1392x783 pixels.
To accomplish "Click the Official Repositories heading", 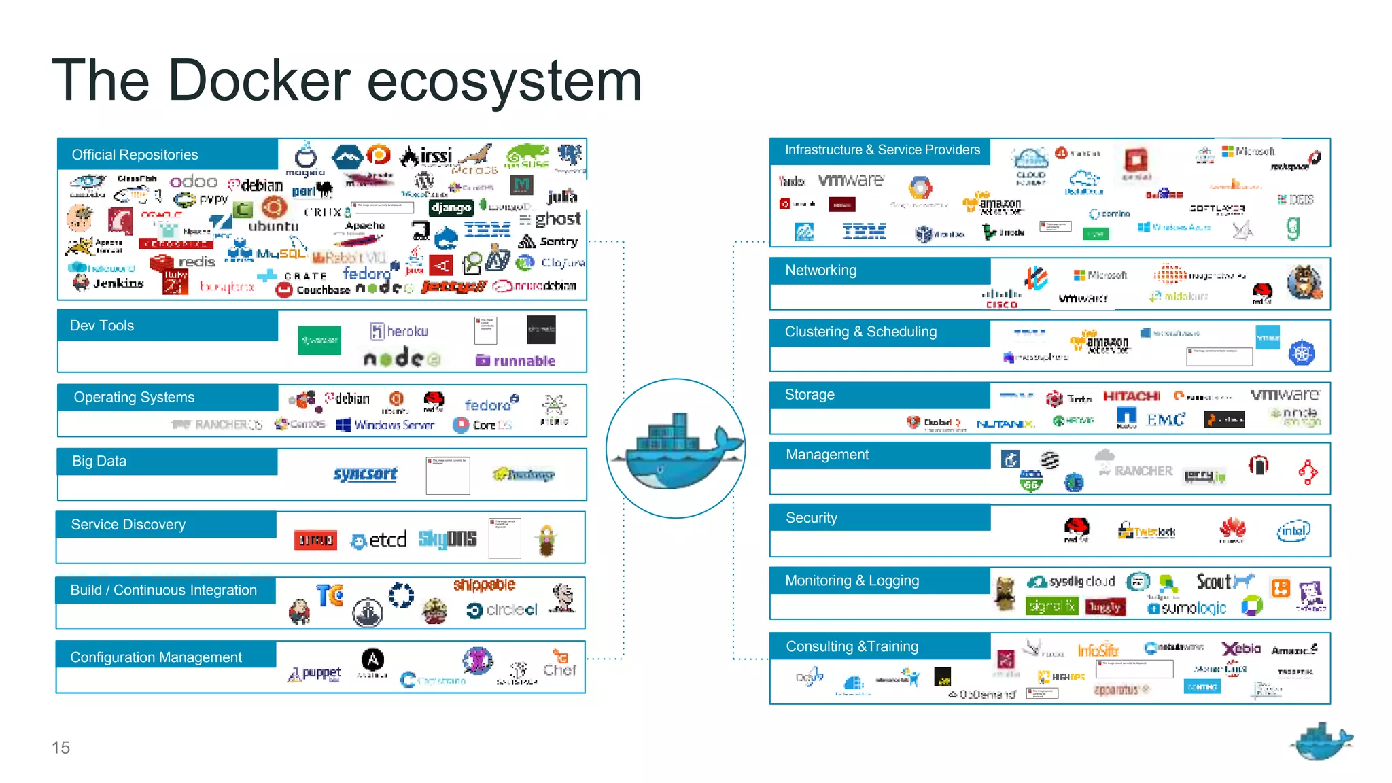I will tap(135, 155).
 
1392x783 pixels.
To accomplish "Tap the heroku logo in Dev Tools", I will tap(400, 331).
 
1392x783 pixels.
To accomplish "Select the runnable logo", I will tap(516, 361).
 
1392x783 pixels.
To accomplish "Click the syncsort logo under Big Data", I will tap(365, 474).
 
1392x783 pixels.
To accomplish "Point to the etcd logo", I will tap(379, 540).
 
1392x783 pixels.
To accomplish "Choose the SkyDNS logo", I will tap(447, 539).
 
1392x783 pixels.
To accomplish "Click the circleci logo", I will tap(502, 610).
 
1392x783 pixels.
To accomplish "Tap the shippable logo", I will tap(484, 585).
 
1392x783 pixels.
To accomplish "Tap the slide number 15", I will tap(60, 748).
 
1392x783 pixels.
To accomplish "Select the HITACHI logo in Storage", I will tap(1131, 396).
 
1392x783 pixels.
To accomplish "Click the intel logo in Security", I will tap(1293, 531).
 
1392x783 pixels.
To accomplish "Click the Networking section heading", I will tap(820, 271).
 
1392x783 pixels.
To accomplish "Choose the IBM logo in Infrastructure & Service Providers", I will tap(863, 231).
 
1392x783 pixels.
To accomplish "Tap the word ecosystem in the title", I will tap(504, 82).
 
